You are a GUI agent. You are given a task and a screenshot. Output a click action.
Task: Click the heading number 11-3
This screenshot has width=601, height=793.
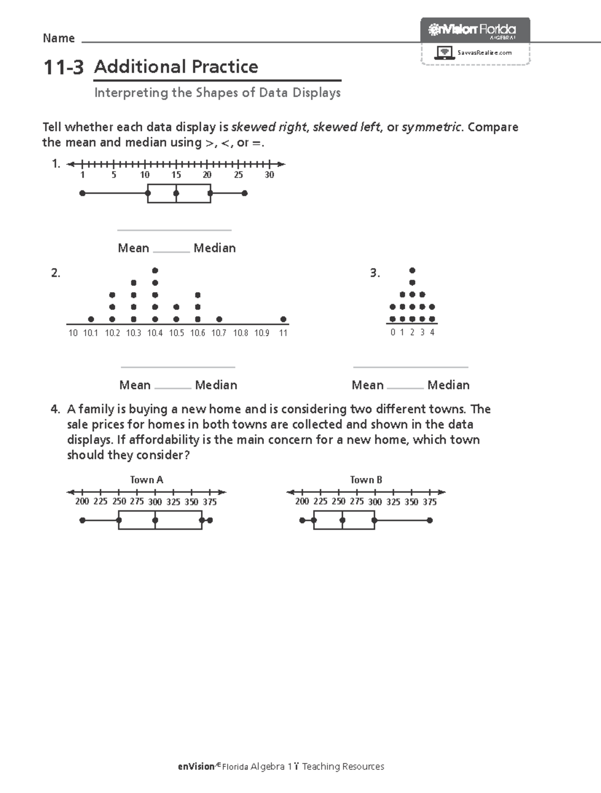63,67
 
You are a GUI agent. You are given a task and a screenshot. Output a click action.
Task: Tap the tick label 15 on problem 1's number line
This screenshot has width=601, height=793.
176,175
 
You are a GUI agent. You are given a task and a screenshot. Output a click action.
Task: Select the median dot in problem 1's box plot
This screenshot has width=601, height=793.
176,193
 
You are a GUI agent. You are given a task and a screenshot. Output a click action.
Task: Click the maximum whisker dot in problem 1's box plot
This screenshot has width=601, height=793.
244,193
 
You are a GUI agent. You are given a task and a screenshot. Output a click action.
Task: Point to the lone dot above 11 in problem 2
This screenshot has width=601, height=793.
283,319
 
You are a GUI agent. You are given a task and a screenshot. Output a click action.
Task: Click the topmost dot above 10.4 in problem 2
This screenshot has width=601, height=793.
155,271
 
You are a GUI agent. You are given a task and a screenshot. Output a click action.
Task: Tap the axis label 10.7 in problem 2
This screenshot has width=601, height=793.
219,333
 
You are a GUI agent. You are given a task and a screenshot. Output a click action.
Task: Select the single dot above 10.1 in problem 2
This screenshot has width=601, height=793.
91,319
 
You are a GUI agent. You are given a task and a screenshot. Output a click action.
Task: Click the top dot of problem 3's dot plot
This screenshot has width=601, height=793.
412,271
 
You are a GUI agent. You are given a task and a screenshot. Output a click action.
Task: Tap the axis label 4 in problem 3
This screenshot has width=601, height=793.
432,332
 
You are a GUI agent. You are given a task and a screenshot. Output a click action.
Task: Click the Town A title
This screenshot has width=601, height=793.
147,480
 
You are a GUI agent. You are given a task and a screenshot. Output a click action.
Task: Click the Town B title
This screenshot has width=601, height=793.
366,480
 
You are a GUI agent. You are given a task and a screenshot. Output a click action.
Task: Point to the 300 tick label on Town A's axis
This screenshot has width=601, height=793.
155,502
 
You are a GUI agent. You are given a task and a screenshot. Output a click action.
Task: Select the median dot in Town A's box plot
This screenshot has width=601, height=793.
155,520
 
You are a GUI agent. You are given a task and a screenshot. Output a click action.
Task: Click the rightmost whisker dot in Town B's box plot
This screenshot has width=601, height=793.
430,520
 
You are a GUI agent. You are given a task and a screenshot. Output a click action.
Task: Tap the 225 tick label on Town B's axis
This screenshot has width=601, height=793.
320,502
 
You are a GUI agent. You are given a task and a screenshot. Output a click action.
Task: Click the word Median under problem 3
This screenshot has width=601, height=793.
448,385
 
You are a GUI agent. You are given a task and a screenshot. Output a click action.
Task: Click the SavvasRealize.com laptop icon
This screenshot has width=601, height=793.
444,52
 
